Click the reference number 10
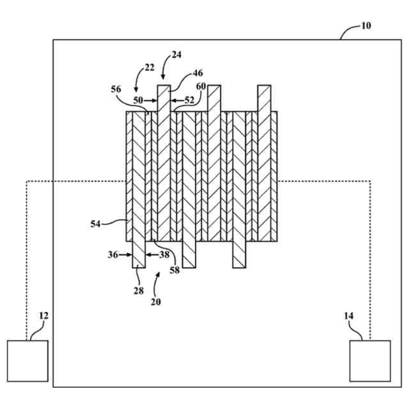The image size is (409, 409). (366, 26)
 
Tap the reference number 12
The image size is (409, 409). (43, 316)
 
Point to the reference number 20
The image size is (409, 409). (156, 302)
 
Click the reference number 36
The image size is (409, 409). (112, 254)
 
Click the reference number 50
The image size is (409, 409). (138, 100)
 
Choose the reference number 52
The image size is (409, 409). (189, 100)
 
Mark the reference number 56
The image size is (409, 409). (116, 90)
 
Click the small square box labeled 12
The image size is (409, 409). (27, 361)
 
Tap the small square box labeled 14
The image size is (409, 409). (370, 361)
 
